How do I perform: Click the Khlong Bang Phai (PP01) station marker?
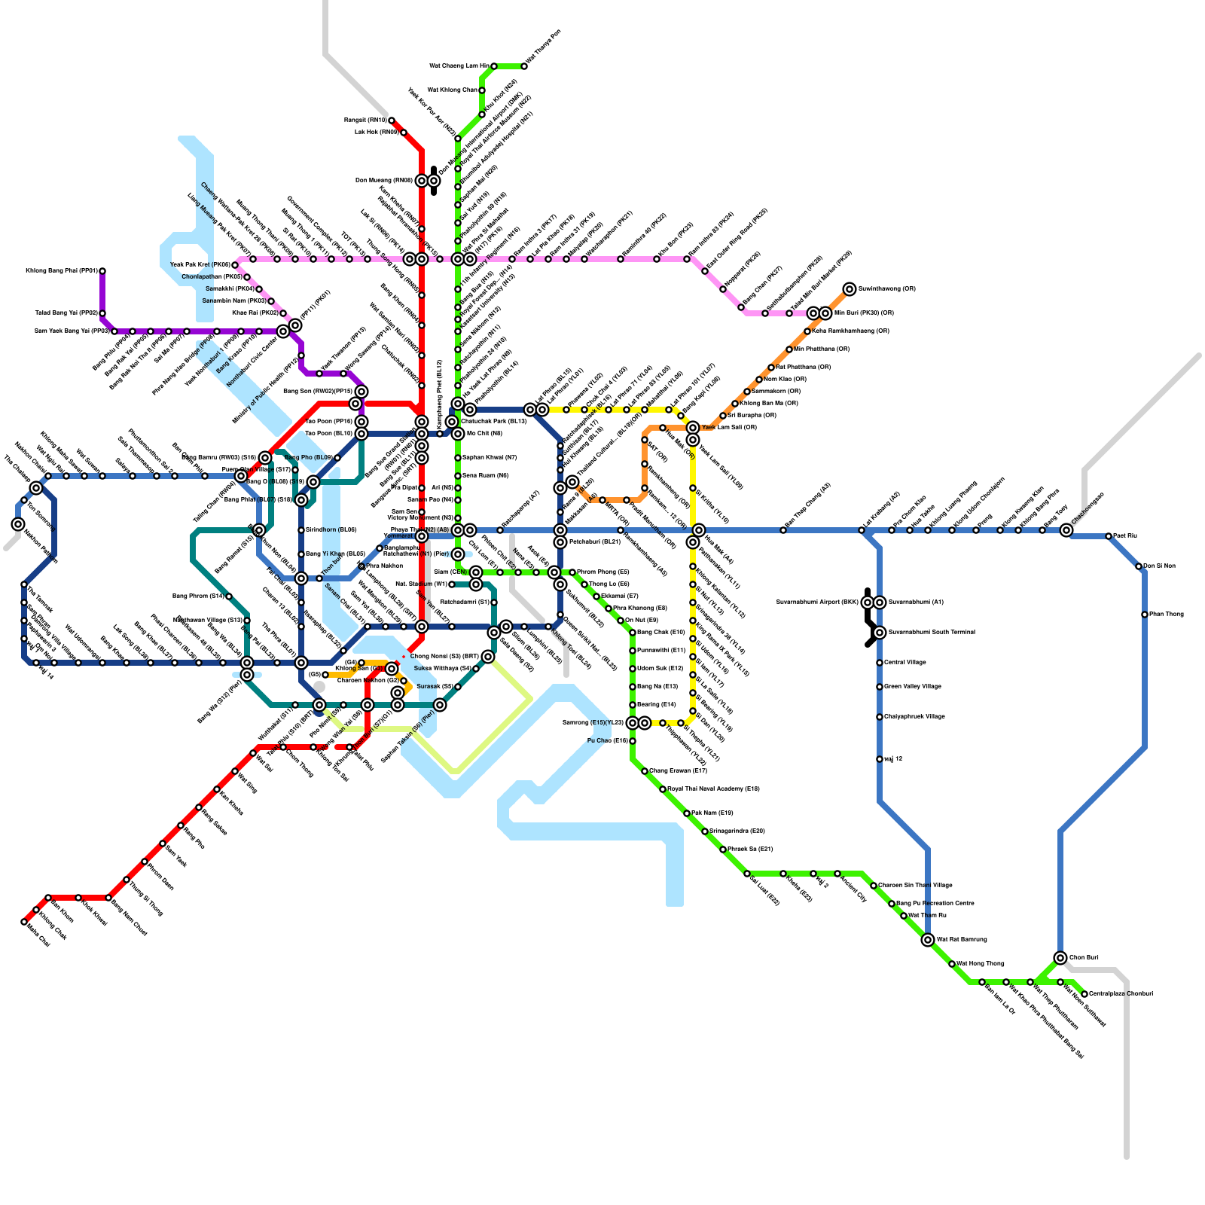[102, 271]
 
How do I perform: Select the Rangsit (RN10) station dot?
[392, 120]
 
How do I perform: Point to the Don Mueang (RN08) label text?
[383, 181]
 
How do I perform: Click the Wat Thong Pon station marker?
[524, 66]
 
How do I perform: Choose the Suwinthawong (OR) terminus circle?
[850, 289]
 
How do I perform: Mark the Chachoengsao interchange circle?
[1066, 530]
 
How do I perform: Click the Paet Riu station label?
[1124, 536]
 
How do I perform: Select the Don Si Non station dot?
[1139, 566]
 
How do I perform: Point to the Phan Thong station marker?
[1145, 615]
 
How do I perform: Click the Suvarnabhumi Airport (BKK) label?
[817, 602]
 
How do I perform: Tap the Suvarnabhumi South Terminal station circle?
[880, 633]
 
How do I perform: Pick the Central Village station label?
[905, 663]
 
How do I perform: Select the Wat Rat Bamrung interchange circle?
[928, 940]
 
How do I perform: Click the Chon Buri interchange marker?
[1060, 958]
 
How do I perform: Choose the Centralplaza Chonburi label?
[1121, 994]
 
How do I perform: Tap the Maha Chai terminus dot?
[24, 922]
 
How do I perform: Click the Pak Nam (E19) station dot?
[687, 813]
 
